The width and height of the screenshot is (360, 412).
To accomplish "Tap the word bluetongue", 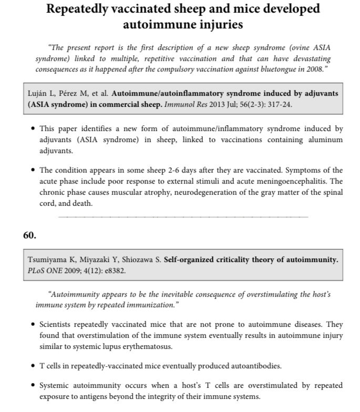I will (282, 69).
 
